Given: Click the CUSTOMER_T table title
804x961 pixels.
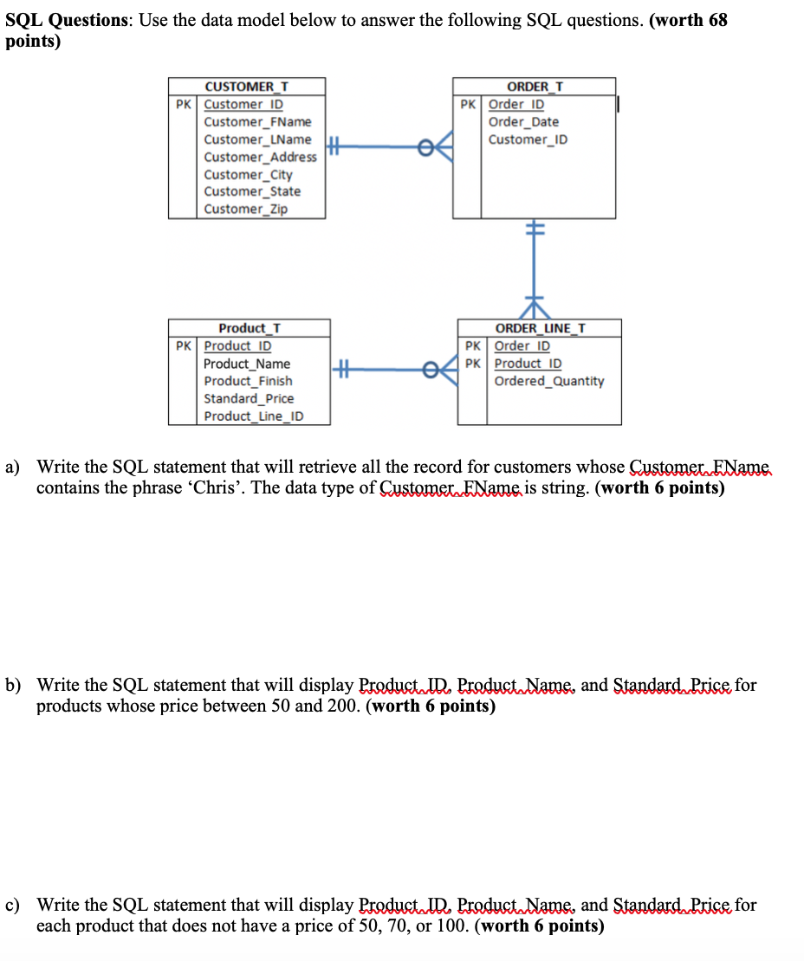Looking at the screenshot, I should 246,87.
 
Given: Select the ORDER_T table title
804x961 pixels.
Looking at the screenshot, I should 535,87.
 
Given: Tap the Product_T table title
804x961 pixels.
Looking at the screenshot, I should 249,328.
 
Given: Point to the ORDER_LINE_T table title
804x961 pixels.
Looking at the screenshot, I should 539,328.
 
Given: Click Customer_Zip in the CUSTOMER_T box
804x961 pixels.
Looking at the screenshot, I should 245,209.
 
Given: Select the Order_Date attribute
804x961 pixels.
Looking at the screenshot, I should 523,122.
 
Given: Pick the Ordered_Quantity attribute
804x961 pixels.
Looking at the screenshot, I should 549,381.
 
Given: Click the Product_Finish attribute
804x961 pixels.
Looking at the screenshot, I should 248,381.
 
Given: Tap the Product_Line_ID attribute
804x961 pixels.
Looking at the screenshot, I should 254,416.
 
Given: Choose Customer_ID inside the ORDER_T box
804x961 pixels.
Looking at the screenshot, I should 528,139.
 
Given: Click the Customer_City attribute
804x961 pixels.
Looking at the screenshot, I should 248,174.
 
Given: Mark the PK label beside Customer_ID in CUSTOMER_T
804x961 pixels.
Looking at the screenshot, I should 183,105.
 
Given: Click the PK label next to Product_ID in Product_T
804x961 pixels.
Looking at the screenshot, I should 183,346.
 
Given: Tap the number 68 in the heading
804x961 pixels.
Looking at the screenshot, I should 716,20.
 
